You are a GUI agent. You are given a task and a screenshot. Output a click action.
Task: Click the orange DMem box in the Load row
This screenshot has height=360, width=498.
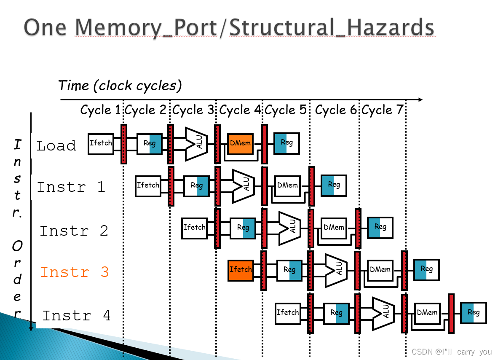tap(240, 143)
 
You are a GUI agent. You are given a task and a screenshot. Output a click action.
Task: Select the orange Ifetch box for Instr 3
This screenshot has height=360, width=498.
tap(241, 270)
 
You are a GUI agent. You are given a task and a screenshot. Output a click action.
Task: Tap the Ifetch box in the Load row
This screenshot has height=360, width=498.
tap(101, 143)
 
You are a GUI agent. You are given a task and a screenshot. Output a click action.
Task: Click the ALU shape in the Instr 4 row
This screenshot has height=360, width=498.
tap(383, 314)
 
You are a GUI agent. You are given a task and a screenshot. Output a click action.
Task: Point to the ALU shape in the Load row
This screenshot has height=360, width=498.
tap(196, 144)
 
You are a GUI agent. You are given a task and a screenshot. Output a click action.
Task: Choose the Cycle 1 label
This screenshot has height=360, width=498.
tap(100, 110)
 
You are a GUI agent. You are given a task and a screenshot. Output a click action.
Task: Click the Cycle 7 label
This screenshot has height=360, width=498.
tap(382, 110)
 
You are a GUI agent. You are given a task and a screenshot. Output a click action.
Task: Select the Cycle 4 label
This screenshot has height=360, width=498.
tap(241, 110)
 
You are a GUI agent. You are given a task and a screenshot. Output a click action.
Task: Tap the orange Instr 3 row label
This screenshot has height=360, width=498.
tap(74, 272)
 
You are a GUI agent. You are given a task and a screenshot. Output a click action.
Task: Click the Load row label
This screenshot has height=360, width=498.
tap(56, 146)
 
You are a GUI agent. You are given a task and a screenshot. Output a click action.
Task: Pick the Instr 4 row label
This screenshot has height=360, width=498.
tap(76, 315)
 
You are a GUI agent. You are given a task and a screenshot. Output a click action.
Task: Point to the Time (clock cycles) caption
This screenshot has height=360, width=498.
tap(120, 86)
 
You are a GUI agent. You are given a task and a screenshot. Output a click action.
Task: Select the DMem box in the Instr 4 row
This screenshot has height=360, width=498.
tap(427, 313)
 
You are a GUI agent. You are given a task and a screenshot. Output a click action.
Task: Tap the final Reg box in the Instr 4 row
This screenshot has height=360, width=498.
tap(474, 313)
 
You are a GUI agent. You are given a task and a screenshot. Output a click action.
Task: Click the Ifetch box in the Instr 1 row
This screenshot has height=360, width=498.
tap(148, 185)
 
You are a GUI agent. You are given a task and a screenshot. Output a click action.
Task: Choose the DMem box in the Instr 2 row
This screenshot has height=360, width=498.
tap(334, 228)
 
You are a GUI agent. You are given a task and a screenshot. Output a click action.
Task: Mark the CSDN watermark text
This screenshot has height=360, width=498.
tap(452, 352)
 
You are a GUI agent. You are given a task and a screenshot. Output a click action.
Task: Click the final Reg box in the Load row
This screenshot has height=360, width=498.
tap(286, 143)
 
